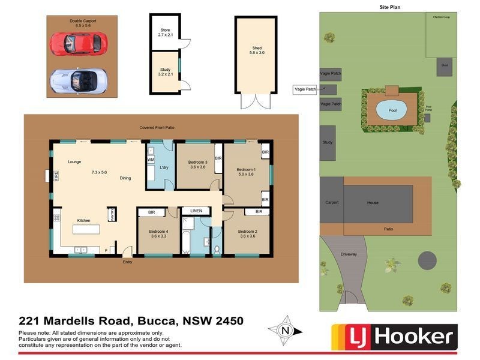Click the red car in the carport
point(79,43)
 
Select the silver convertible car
point(79,80)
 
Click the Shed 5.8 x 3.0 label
point(257,50)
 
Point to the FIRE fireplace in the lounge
point(56,176)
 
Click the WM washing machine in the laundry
point(151,160)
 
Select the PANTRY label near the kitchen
point(111,214)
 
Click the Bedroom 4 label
point(158,233)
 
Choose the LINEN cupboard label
point(196,211)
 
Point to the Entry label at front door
point(127,262)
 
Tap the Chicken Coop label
point(442,17)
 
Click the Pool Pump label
point(428,108)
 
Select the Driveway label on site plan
point(349,254)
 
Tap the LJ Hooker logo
point(394,336)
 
